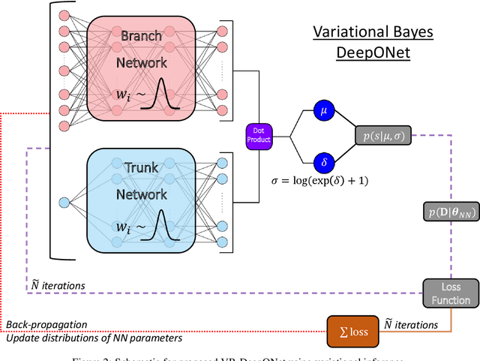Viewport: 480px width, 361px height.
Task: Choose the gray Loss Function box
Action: click(x=446, y=293)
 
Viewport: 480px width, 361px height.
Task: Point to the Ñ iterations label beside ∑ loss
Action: click(x=410, y=324)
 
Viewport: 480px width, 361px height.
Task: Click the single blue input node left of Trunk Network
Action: click(x=63, y=202)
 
